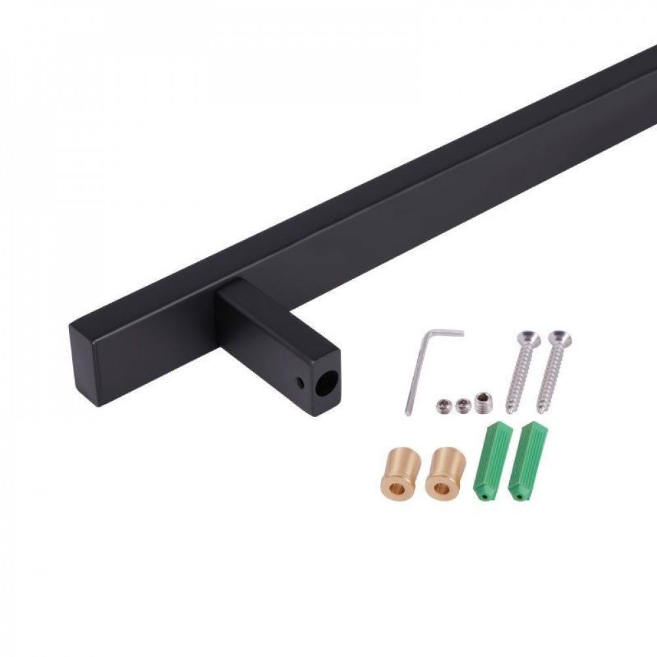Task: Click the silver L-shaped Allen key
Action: coord(415,374)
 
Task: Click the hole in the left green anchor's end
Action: coord(484,497)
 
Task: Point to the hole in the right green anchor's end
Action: coord(520,497)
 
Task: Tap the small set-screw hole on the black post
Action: coord(301,380)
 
